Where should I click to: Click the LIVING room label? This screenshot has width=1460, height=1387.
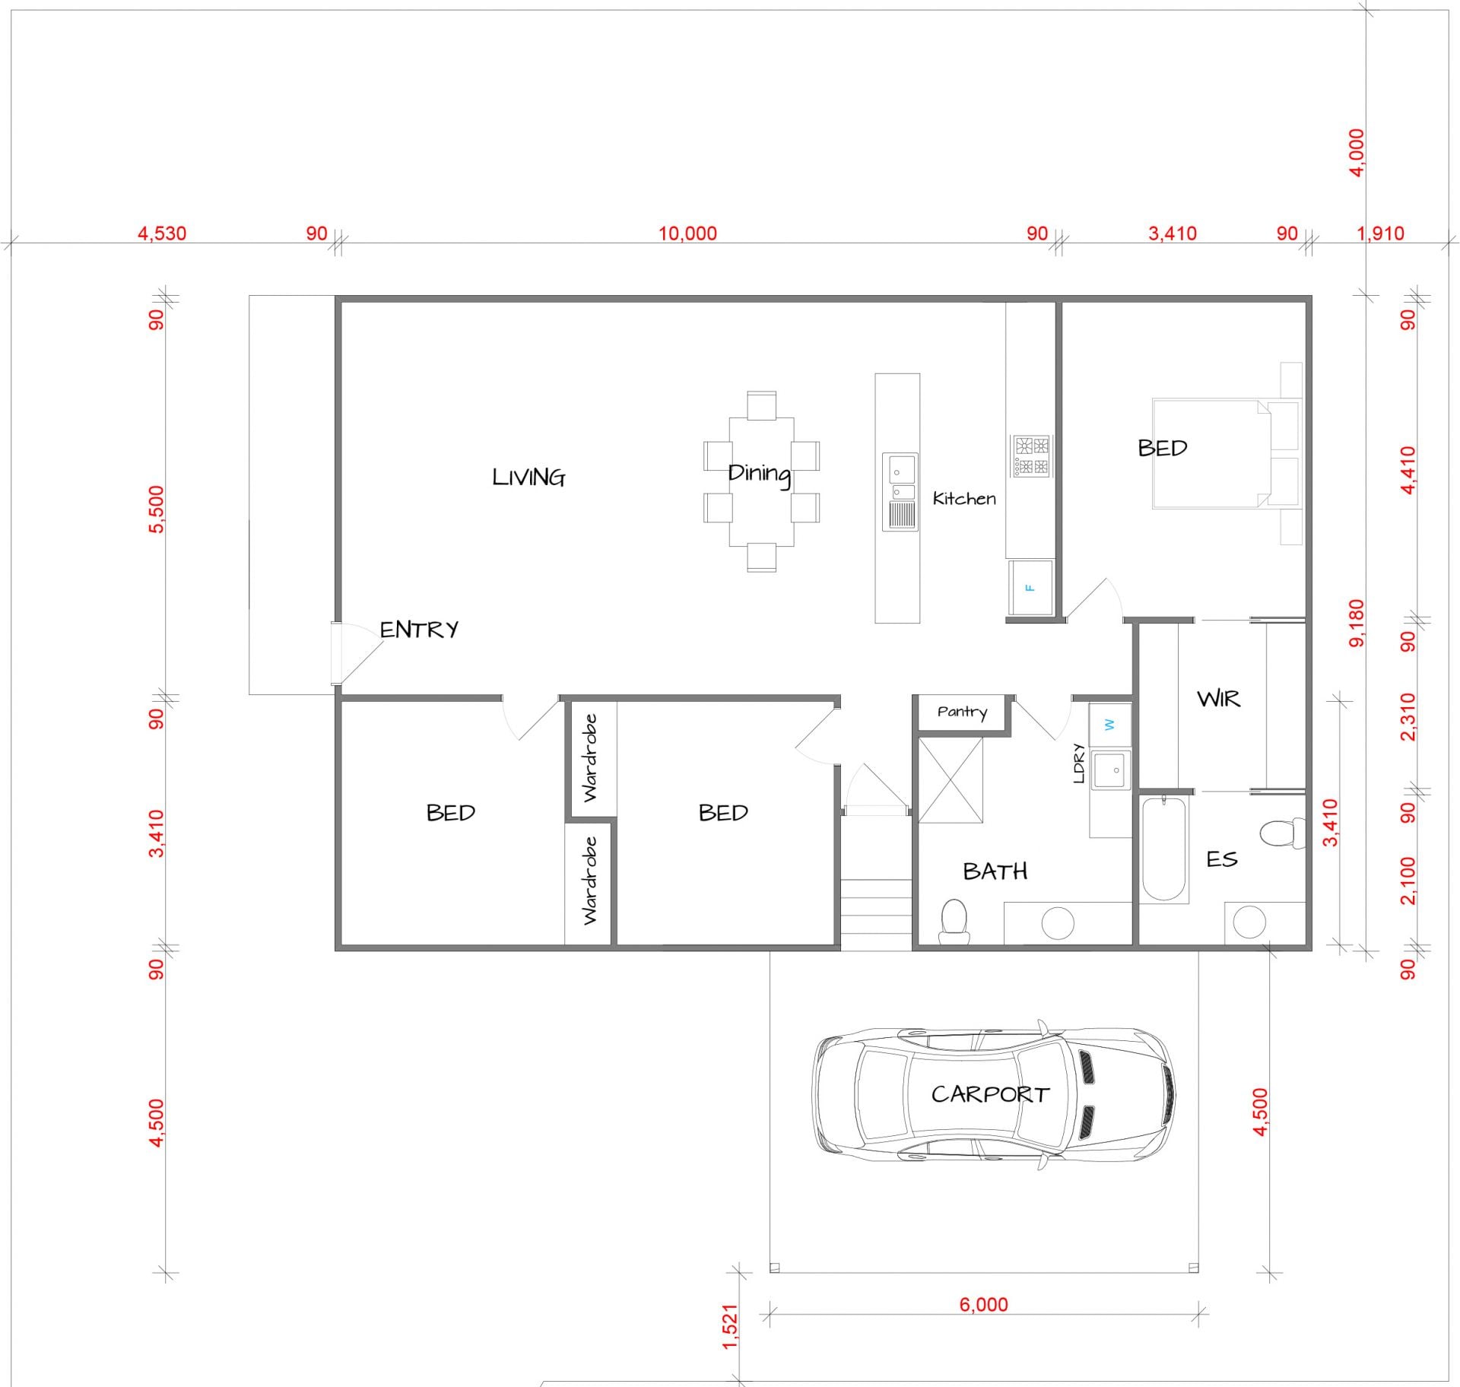pos(528,478)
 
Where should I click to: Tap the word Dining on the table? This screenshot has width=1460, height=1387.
pos(759,474)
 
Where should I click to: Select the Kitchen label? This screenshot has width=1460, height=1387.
pos(964,499)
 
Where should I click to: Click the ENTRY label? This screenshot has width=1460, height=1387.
pos(419,629)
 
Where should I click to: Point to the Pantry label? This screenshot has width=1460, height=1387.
pos(962,712)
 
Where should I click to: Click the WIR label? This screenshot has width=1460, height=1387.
pos(1218,699)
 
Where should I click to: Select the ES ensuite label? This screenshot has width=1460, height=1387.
pos(1222,859)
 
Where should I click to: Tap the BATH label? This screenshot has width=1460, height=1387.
pos(995,871)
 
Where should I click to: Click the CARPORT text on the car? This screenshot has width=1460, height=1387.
pos(990,1094)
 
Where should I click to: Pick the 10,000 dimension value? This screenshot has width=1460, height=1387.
pos(687,233)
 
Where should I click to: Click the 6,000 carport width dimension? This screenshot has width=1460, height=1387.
pos(983,1305)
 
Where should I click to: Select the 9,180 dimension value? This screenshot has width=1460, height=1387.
pos(1356,624)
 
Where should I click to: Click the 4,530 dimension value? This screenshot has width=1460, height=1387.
pos(162,233)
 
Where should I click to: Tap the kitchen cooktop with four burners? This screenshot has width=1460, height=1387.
pos(1031,455)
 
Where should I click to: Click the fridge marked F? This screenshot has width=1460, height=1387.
pos(1030,588)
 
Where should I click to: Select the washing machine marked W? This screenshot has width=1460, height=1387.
pos(1110,725)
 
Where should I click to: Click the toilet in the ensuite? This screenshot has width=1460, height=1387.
pos(1283,833)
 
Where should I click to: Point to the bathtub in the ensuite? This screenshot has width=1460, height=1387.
pos(1164,849)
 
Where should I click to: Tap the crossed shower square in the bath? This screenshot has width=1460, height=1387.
pos(951,780)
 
